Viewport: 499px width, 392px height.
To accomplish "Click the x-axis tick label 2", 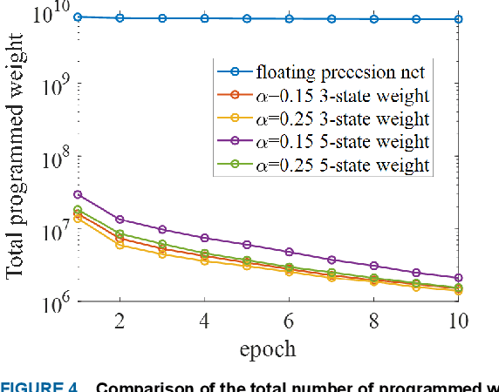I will [120, 321].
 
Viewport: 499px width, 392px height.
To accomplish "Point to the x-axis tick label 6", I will [289, 321].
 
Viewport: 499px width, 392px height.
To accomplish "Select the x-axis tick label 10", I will [456, 321].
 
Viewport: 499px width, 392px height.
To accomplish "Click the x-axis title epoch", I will [268, 349].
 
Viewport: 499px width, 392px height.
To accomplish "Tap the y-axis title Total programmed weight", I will [17, 163].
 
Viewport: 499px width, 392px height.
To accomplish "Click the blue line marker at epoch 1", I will [78, 17].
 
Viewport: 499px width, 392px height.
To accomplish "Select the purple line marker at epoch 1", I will [78, 194].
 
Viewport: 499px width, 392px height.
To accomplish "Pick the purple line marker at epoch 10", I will [458, 278].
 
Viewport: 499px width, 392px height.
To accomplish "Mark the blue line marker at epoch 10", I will [458, 19].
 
